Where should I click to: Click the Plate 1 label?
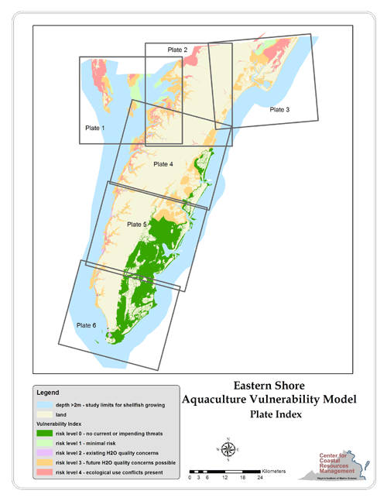click(96, 127)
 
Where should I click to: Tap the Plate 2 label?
click(178, 50)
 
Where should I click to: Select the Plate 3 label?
click(279, 110)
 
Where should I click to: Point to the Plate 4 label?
click(164, 164)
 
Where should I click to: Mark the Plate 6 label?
click(86, 325)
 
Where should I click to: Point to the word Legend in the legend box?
click(48, 393)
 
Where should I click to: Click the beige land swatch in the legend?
click(45, 415)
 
